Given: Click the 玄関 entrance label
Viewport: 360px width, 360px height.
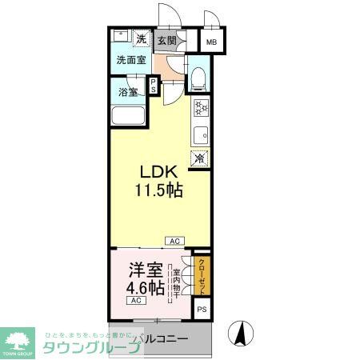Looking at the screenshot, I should pyautogui.click(x=166, y=40).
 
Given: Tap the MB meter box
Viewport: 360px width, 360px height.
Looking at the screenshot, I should pyautogui.click(x=212, y=42).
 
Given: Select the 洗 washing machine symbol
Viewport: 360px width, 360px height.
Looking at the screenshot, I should pyautogui.click(x=141, y=39).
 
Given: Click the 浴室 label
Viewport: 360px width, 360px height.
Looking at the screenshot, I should pyautogui.click(x=127, y=91).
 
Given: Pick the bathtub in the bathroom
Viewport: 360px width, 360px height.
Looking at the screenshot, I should pyautogui.click(x=128, y=115).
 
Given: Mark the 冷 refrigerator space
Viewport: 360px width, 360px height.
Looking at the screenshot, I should pyautogui.click(x=200, y=158).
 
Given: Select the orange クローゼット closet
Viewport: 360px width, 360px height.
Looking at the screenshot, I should pyautogui.click(x=202, y=276).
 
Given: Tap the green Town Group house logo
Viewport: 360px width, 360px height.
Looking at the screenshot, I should pyautogui.click(x=18, y=338).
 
